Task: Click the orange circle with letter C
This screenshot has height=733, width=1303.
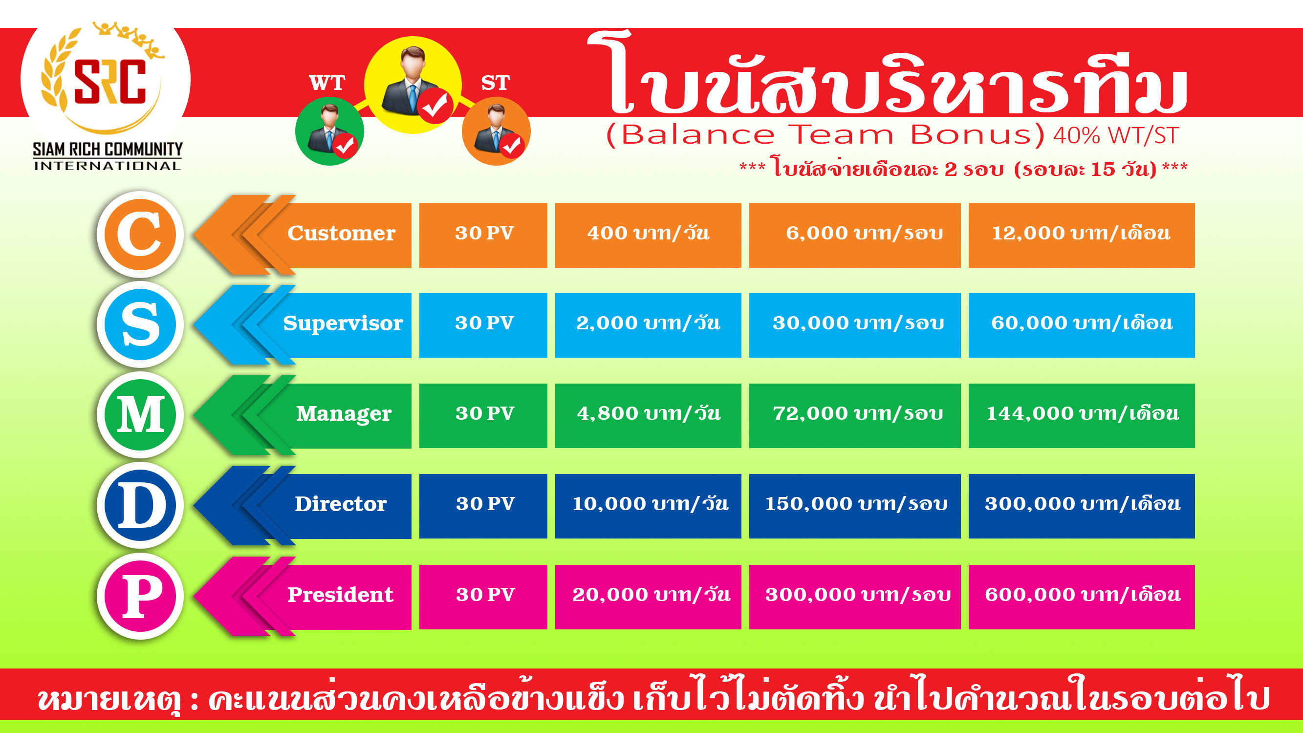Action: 140,234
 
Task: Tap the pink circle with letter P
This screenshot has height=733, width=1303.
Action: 140,596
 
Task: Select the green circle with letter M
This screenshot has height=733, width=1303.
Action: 140,415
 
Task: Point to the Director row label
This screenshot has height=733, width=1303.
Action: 341,504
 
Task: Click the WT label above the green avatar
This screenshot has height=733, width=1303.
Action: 327,83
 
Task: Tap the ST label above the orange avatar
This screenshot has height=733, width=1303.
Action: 495,83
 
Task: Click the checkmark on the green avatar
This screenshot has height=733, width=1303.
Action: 345,146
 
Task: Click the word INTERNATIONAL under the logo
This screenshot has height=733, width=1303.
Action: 107,166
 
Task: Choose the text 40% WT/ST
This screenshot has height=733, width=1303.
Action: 1116,135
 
